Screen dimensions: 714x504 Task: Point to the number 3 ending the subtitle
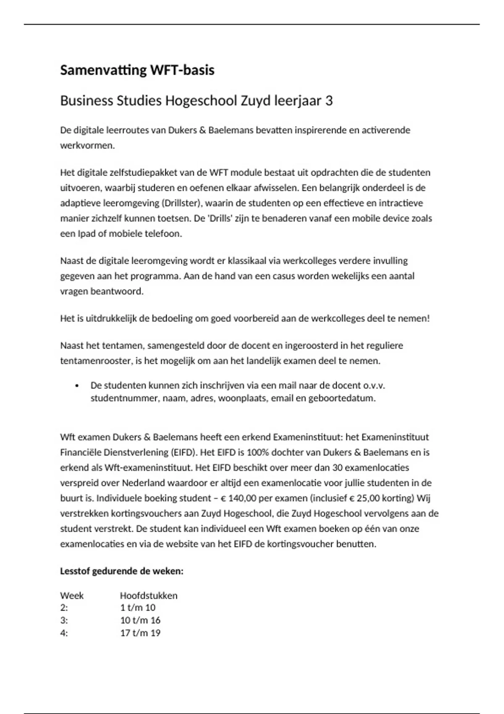point(329,101)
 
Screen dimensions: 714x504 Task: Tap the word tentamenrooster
point(96,361)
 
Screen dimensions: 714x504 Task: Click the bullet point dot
point(76,386)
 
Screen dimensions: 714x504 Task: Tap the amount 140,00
point(243,499)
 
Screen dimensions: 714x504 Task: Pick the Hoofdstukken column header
point(149,596)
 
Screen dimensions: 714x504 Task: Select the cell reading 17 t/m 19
point(140,633)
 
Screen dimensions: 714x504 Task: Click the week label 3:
point(64,620)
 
